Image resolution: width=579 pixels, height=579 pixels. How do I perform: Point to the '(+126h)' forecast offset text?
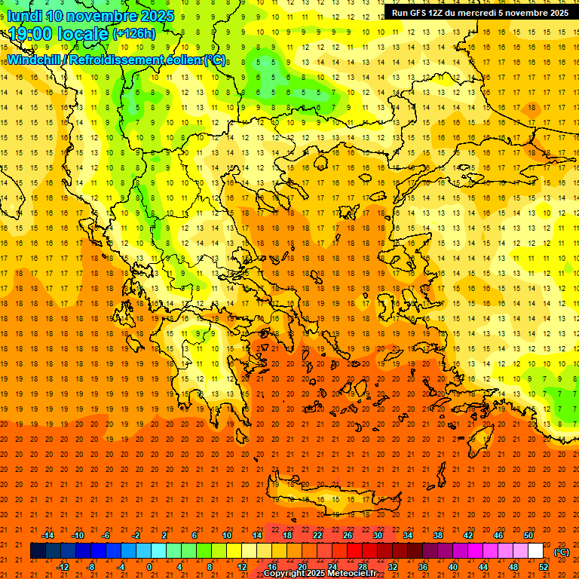[133, 33]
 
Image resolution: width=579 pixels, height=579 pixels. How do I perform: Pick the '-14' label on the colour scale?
[47, 535]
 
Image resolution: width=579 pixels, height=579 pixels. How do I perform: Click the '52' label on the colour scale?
[544, 567]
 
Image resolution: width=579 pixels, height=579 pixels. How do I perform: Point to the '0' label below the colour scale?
[149, 567]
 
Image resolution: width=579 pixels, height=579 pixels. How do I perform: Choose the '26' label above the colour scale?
[348, 535]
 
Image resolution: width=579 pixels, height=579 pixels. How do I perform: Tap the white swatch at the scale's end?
[536, 551]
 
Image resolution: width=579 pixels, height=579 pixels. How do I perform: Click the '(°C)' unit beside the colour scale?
[562, 552]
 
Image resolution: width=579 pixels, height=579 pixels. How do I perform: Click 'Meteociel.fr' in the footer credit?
[352, 574]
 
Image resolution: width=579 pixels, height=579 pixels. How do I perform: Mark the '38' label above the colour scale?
[438, 535]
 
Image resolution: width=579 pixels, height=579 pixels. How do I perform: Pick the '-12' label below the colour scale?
[63, 567]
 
